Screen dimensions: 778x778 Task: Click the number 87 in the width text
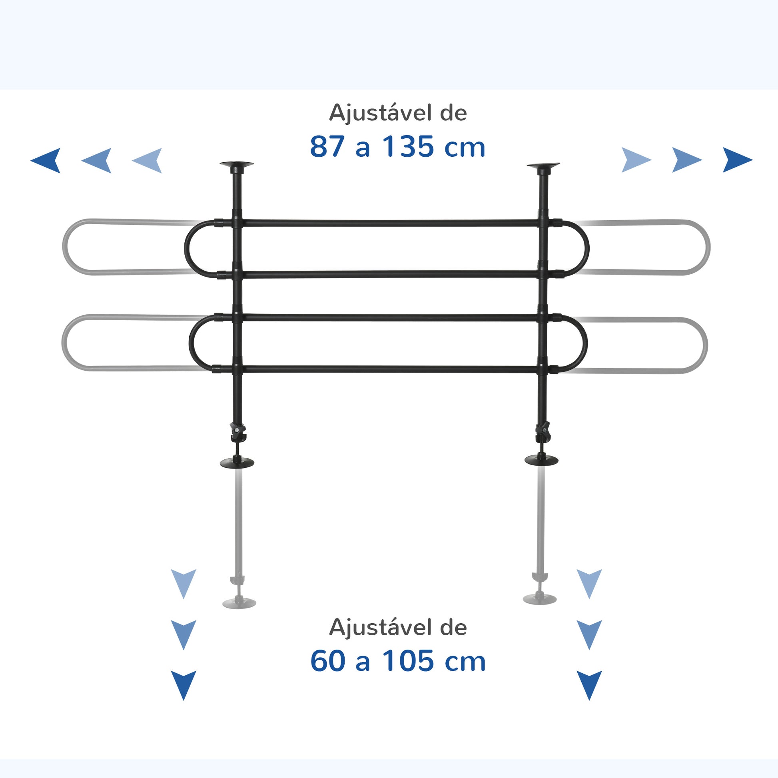click(327, 147)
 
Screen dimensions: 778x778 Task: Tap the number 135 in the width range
click(407, 147)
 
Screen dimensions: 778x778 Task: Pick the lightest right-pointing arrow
click(635, 160)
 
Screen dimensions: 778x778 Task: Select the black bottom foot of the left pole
click(237, 463)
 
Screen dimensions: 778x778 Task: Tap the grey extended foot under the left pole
click(239, 603)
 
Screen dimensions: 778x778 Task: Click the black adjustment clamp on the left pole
click(238, 432)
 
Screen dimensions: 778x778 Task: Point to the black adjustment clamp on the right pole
click(543, 431)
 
